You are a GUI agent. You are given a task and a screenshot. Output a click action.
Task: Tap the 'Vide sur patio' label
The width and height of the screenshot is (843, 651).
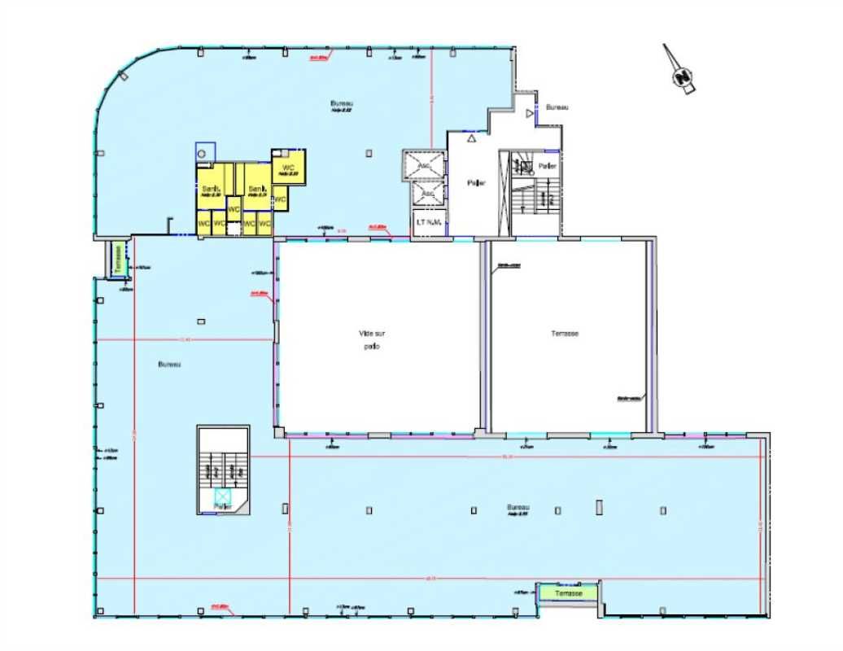pyautogui.click(x=369, y=339)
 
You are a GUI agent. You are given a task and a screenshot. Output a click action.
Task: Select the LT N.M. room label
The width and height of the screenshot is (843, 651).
pyautogui.click(x=428, y=222)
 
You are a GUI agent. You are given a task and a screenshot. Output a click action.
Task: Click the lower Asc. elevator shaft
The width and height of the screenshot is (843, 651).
pyautogui.click(x=426, y=194)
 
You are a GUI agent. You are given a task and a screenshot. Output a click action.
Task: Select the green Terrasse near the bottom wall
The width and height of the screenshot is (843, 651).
pyautogui.click(x=569, y=593)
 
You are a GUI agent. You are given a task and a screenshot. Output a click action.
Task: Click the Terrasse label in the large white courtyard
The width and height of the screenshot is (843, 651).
pyautogui.click(x=564, y=334)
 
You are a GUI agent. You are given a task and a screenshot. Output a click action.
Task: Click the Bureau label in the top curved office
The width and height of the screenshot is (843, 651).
pyautogui.click(x=340, y=103)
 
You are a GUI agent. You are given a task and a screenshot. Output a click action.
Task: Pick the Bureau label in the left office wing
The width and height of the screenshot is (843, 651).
pyautogui.click(x=169, y=364)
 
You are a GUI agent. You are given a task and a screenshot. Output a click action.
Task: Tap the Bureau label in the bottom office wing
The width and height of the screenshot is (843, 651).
pyautogui.click(x=518, y=506)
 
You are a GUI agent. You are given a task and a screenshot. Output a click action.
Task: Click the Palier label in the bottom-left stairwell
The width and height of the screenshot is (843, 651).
pyautogui.click(x=223, y=506)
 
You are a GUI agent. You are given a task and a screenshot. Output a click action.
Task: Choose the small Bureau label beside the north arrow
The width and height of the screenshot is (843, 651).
pyautogui.click(x=557, y=107)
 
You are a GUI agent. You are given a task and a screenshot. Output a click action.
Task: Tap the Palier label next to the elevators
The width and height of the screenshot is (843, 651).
pyautogui.click(x=476, y=183)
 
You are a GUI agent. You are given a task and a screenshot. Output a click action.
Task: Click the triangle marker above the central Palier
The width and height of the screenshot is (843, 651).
pyautogui.click(x=471, y=138)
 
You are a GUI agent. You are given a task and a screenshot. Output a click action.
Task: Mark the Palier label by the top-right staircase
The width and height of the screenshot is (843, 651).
pyautogui.click(x=548, y=166)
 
